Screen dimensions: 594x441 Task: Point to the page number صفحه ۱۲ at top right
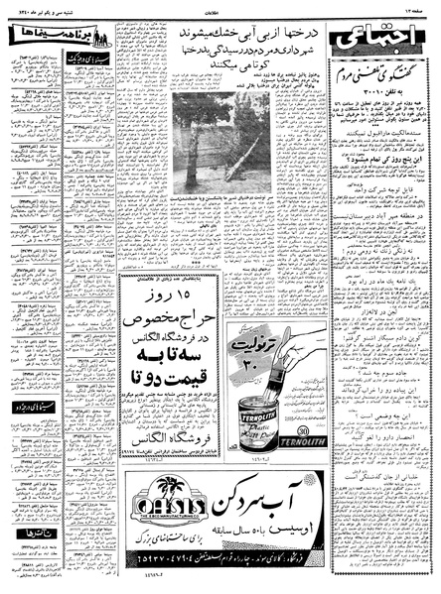(x=418, y=7)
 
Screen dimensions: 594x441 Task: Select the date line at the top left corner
(x=35, y=7)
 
